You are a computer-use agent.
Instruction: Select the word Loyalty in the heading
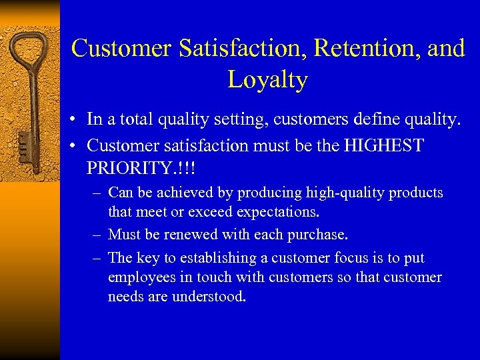[267, 79]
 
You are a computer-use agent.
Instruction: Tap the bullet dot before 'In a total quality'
[78, 121]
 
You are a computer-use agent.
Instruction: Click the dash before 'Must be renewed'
[97, 235]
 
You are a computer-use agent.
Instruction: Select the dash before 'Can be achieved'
[97, 193]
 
